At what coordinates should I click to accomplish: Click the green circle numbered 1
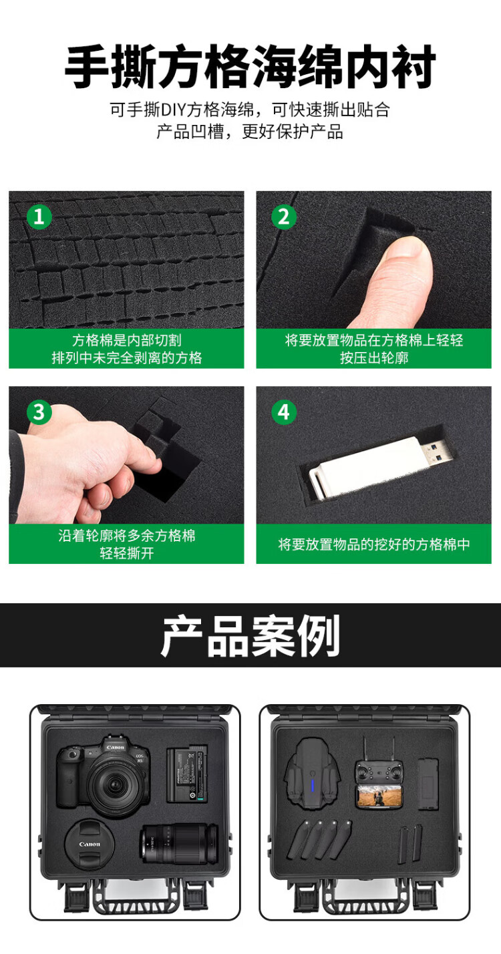click(39, 216)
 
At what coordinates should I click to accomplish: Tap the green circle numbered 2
click(284, 216)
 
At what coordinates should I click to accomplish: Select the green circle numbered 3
click(39, 412)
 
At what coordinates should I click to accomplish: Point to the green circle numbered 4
click(284, 412)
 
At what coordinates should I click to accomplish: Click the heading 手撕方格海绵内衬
click(251, 67)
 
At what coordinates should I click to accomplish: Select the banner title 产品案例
click(251, 635)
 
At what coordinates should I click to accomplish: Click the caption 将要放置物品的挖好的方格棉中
click(373, 544)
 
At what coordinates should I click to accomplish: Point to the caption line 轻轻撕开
click(126, 552)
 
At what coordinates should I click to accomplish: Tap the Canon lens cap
click(90, 844)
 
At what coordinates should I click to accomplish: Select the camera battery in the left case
click(186, 774)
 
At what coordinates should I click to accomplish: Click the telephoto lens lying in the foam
click(179, 844)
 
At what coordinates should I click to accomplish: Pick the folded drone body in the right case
click(313, 774)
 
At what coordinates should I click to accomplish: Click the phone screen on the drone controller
click(379, 796)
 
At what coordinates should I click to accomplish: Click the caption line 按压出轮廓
click(374, 357)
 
